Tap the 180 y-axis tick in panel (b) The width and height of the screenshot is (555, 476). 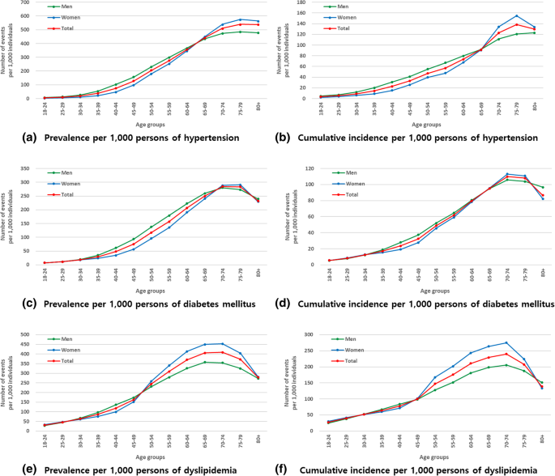click(304, 2)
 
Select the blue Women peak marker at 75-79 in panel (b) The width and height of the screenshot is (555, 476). click(516, 15)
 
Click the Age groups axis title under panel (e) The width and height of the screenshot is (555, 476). click(146, 449)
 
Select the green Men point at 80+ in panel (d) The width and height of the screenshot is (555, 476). click(541, 188)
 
